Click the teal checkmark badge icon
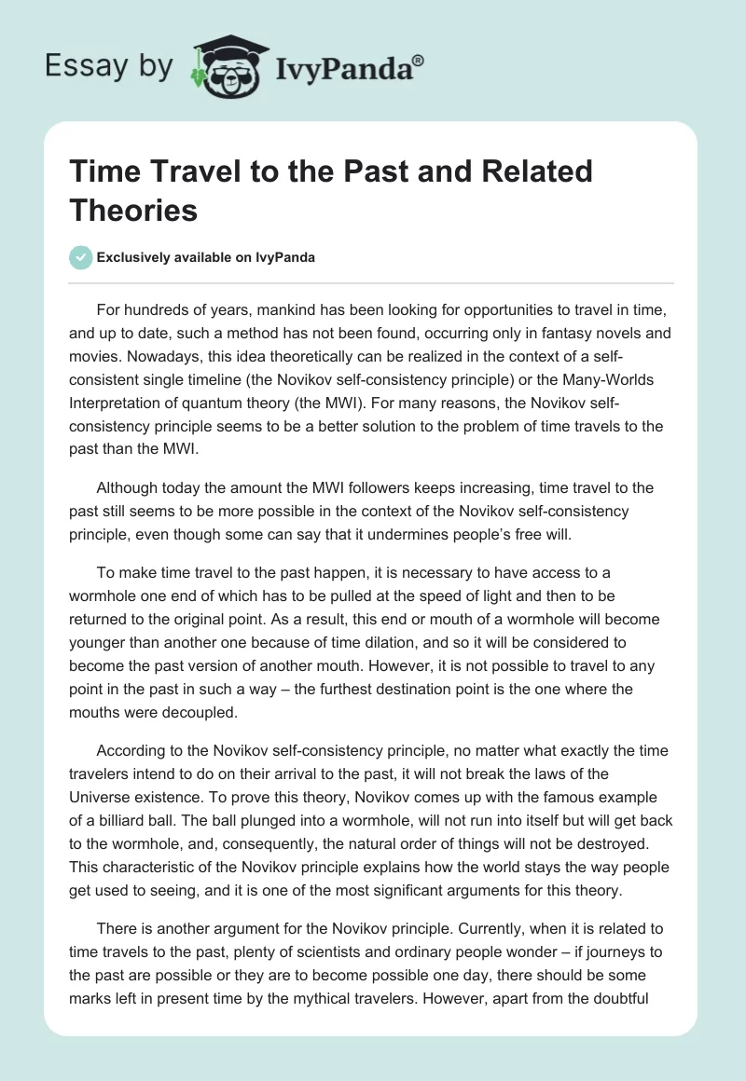click(81, 257)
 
